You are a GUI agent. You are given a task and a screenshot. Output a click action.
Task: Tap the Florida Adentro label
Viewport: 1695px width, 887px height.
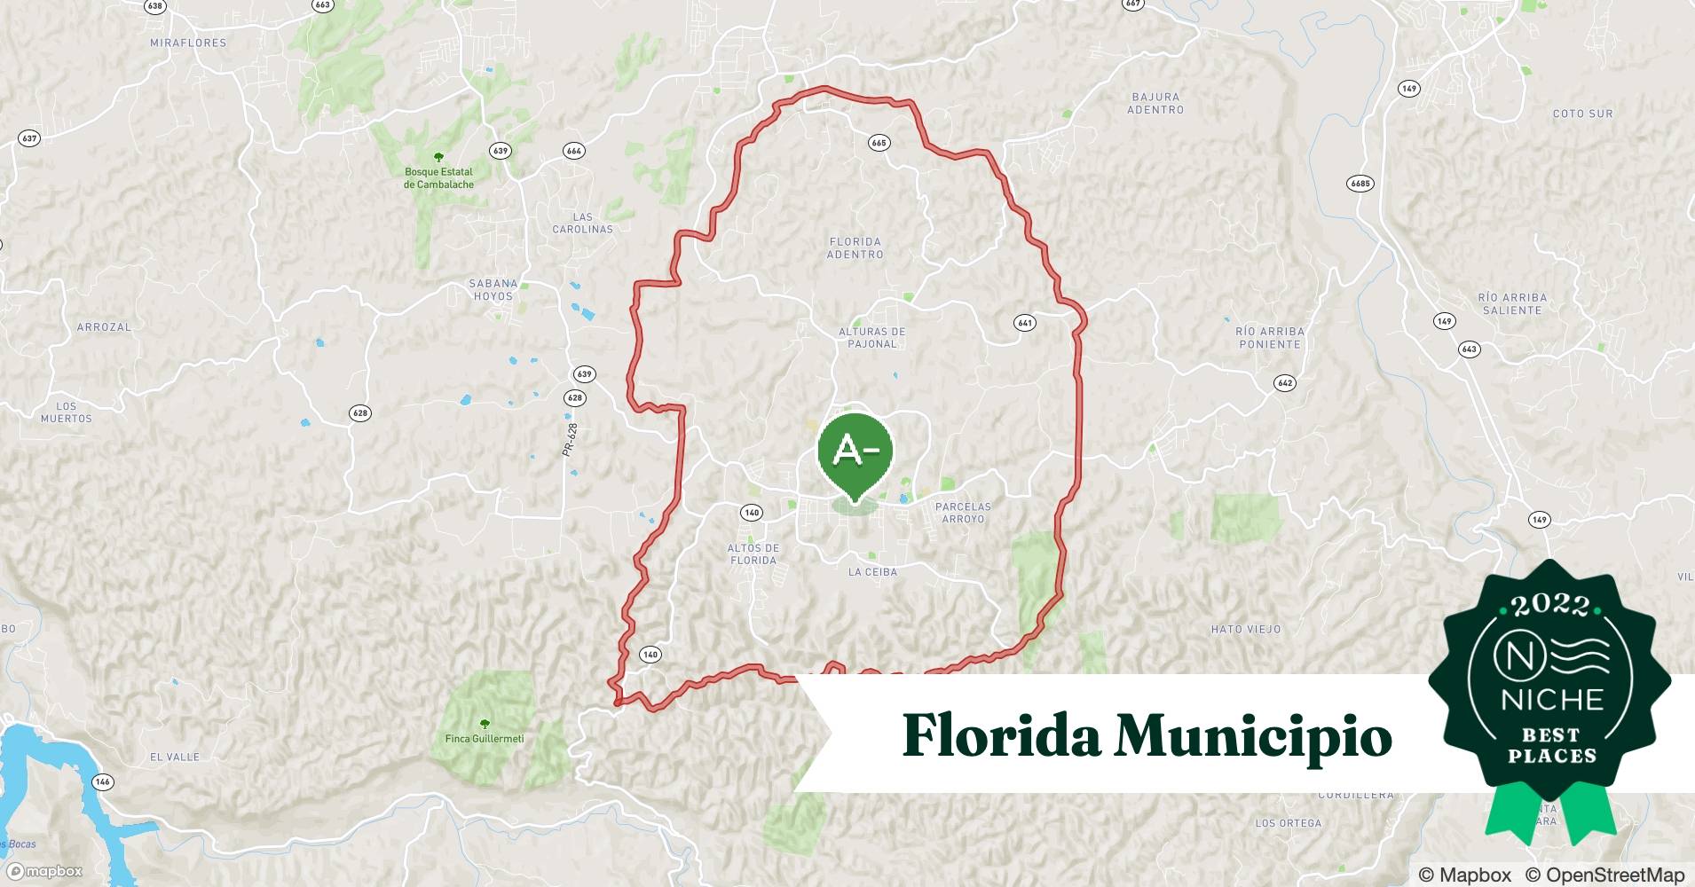point(855,248)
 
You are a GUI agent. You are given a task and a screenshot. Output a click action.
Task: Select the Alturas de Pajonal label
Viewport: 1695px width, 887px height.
point(871,338)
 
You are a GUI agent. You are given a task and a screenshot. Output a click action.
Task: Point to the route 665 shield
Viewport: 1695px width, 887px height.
point(879,143)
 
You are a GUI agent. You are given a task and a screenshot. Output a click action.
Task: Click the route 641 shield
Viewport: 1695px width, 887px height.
point(1025,323)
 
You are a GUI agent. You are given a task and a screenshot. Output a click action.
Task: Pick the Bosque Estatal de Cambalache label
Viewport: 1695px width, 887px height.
point(438,177)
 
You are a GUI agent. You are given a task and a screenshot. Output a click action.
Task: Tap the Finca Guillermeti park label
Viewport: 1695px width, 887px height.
point(485,738)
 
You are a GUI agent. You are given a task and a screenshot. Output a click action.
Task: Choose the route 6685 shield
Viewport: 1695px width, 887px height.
point(1360,184)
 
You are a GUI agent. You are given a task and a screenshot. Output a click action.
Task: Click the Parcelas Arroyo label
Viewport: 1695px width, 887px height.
point(963,513)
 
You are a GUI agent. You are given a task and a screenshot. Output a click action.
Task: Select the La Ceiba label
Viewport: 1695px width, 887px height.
point(872,572)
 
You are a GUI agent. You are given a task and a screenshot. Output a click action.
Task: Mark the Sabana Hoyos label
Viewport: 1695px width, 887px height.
point(493,290)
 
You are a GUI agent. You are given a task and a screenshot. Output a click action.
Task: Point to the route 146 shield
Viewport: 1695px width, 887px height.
point(103,781)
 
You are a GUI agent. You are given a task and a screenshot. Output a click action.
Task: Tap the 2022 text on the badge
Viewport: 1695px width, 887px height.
point(1550,606)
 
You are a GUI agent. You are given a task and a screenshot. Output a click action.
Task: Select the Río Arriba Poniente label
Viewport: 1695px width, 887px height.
point(1269,338)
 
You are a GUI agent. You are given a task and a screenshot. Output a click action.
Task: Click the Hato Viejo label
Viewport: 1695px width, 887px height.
point(1245,630)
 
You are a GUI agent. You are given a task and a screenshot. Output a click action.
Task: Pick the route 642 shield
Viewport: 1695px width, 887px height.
point(1284,383)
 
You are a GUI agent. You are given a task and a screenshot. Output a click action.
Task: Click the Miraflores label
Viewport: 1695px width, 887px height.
point(188,43)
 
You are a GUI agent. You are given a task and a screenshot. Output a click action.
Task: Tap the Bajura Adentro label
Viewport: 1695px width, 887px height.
point(1155,104)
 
